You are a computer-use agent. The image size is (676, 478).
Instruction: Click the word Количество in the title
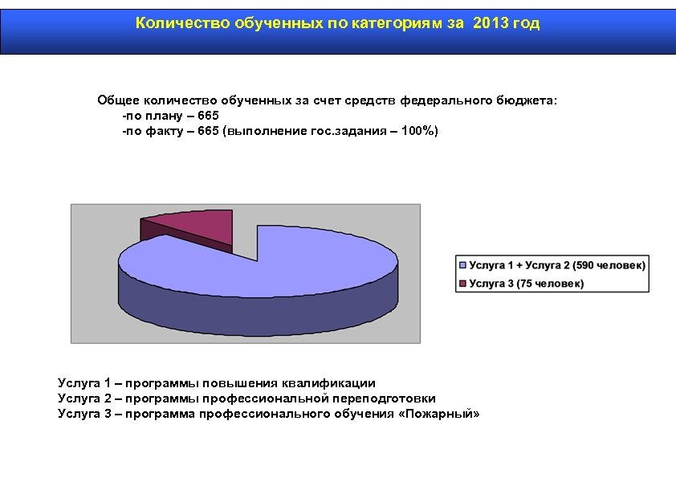(182, 23)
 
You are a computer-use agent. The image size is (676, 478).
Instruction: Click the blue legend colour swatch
(462, 264)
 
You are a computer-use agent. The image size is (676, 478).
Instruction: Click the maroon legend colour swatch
(462, 283)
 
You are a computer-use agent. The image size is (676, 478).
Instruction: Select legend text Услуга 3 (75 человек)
(526, 283)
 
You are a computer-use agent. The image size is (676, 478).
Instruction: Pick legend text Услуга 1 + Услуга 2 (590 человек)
(556, 264)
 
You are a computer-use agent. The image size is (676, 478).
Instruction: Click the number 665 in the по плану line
(208, 116)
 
